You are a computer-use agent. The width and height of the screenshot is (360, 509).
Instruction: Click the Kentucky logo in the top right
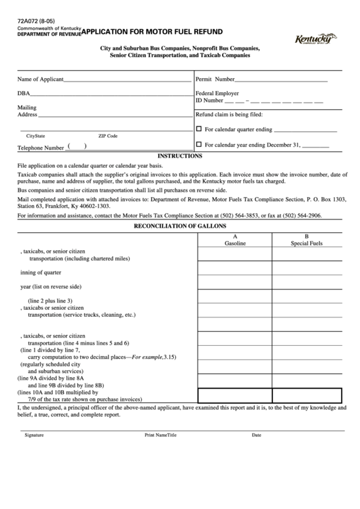coord(317,40)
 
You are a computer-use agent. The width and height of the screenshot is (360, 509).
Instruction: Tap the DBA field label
coord(23,92)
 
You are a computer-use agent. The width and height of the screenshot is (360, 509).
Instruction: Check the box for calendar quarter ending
coord(199,128)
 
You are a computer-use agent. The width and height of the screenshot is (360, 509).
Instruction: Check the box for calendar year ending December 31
coord(199,144)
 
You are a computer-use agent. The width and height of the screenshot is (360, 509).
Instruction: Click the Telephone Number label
coord(40,147)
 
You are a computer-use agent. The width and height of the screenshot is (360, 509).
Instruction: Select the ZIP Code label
coord(107,136)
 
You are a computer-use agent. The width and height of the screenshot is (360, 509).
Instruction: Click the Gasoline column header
coord(234,242)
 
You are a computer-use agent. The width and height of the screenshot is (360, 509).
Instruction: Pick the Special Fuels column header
coord(308,242)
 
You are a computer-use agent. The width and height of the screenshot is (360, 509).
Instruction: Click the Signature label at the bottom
coord(33,434)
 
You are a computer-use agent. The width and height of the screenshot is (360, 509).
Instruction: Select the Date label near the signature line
coord(256,434)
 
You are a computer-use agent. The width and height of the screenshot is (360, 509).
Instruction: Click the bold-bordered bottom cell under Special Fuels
coord(308,396)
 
